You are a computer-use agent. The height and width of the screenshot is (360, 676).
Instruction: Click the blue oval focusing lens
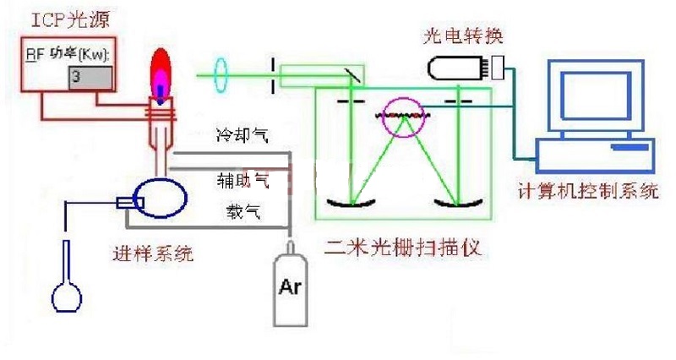pyautogui.click(x=223, y=74)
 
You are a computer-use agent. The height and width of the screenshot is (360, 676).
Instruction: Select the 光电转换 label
pyautogui.click(x=461, y=37)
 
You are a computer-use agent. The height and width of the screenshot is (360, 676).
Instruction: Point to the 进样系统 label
pyautogui.click(x=153, y=250)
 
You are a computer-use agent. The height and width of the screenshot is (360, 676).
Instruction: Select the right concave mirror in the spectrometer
pyautogui.click(x=456, y=203)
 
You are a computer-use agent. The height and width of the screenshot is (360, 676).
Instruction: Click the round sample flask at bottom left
pyautogui.click(x=68, y=295)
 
